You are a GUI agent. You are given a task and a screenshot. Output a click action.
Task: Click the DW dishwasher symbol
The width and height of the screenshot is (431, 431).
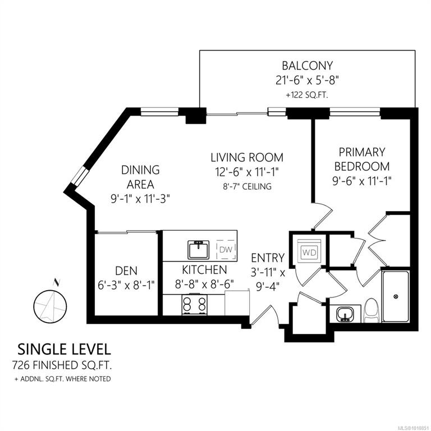(x=226, y=249)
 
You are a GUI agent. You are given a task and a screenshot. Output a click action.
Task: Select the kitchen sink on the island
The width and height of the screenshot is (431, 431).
(x=199, y=250)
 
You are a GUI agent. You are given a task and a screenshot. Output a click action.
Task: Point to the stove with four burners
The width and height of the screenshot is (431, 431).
(x=195, y=305)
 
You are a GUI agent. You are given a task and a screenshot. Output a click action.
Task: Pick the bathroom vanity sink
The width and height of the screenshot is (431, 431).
(x=344, y=314)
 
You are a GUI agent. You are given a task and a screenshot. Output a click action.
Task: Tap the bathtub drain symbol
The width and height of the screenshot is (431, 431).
(x=396, y=296)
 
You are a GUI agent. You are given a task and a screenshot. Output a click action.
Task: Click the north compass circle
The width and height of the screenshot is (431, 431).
(x=50, y=306)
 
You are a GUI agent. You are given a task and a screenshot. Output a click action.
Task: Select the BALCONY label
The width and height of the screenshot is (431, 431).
(x=308, y=66)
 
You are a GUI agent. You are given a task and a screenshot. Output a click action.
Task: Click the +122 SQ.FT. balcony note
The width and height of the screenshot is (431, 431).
(x=308, y=95)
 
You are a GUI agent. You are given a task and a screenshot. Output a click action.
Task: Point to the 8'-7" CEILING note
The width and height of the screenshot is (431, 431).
(x=247, y=186)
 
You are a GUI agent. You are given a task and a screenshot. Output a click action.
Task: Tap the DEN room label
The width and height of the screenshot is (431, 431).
(x=126, y=271)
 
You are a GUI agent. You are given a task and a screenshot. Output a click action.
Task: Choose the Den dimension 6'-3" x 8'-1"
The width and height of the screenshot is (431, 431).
(x=126, y=285)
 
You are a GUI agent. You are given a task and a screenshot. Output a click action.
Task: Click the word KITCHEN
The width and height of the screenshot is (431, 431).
(x=204, y=270)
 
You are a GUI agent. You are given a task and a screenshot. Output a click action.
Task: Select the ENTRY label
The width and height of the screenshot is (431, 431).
(x=268, y=258)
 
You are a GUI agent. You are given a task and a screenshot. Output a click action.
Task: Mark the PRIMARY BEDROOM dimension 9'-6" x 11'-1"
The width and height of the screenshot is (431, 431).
(x=362, y=181)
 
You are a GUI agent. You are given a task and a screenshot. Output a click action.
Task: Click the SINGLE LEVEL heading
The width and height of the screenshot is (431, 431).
(x=65, y=350)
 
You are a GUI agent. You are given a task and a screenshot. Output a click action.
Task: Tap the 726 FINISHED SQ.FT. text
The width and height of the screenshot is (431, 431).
(x=62, y=365)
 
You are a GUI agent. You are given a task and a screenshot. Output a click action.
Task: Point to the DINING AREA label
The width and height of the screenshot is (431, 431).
(x=140, y=177)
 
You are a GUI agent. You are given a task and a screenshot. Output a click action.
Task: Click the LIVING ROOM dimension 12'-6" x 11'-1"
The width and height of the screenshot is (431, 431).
(x=247, y=172)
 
